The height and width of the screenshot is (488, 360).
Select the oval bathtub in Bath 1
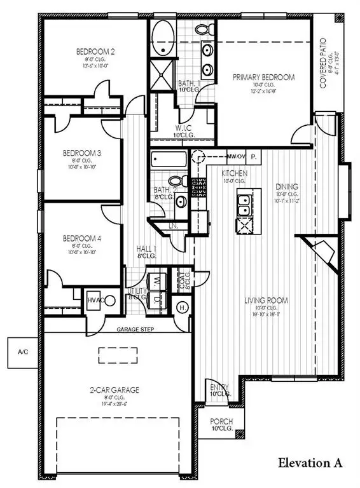(162, 38)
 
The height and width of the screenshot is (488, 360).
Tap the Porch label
(222, 421)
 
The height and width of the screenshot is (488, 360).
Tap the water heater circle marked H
(181, 308)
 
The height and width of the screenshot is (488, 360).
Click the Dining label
(287, 187)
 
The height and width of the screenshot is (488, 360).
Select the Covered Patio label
(324, 62)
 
